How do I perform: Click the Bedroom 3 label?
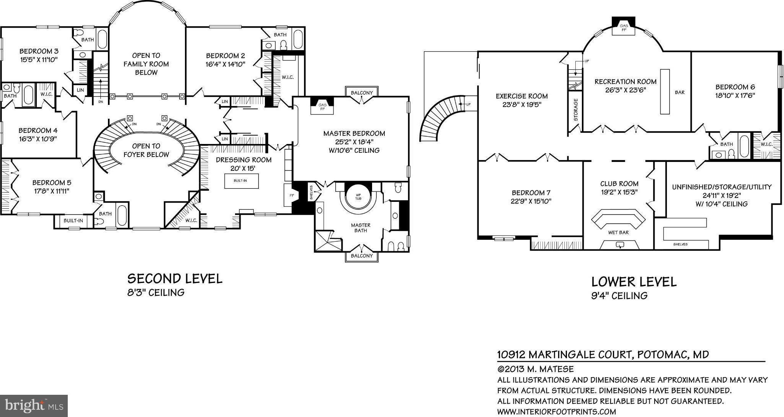pos(39,51)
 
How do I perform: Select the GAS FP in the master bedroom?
pos(322,106)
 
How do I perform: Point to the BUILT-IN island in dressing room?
pos(241,181)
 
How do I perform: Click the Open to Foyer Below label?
pos(146,150)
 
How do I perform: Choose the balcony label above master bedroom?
pos(361,93)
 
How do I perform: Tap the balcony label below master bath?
pos(361,256)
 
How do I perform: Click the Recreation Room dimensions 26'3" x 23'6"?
pos(625,90)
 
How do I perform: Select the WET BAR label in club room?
pos(618,232)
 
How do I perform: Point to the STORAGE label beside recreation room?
pos(576,110)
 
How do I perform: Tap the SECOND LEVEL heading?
pos(175,279)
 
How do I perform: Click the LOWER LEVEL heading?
pos(634,282)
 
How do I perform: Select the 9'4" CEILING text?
pos(619,296)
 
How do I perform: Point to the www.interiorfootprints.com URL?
pos(556,412)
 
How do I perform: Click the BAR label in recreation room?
pos(679,92)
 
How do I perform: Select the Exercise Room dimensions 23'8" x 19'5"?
pos(521,105)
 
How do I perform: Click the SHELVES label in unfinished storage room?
pos(680,244)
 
